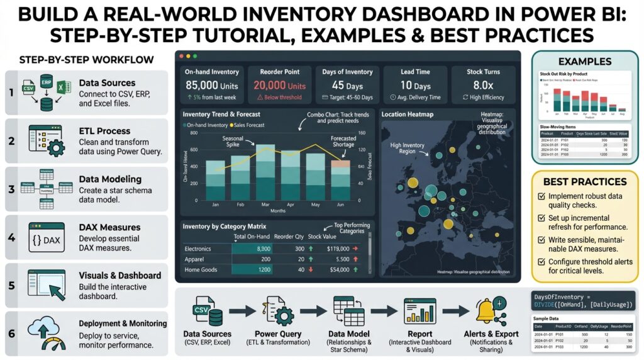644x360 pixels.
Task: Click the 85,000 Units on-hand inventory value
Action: tap(209, 86)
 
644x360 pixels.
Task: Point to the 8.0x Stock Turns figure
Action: tap(483, 86)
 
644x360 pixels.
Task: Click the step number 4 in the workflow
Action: tap(11, 239)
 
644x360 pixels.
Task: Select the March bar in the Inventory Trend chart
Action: tap(248, 172)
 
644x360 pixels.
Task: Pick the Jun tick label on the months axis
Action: tap(340, 205)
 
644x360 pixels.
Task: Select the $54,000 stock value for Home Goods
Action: tap(338, 269)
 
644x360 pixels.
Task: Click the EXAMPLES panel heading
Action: tap(585, 62)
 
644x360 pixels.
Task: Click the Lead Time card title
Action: tap(415, 72)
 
